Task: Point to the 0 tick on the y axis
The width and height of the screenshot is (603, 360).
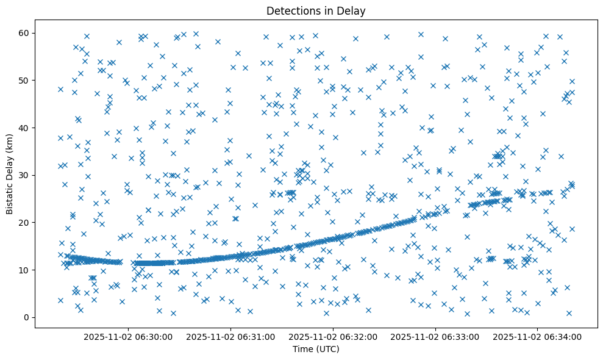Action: (27, 317)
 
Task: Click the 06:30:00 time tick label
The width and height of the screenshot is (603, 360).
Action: (129, 336)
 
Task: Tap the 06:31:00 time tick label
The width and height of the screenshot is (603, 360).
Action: (231, 336)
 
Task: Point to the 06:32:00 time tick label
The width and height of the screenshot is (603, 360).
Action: (334, 336)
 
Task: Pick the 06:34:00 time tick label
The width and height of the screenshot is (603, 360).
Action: (538, 336)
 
